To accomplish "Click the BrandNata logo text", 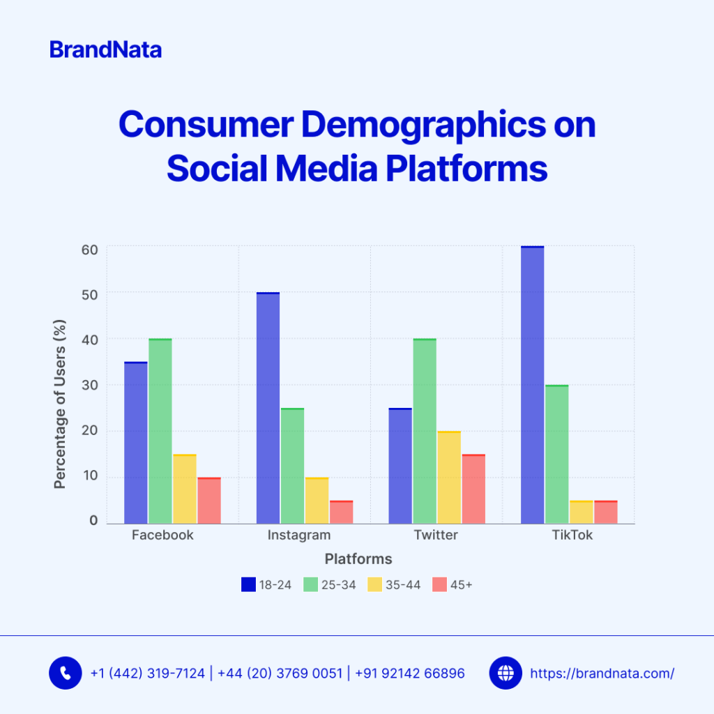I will click(105, 50).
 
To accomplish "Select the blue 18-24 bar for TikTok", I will click(532, 385).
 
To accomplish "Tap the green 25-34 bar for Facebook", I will click(160, 431).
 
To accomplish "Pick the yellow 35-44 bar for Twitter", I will click(449, 477).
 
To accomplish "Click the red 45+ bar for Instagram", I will click(341, 512).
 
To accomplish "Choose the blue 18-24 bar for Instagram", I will click(268, 408).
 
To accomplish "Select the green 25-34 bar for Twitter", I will click(425, 431).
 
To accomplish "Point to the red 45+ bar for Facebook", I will click(209, 500).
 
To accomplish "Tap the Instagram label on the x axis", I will click(299, 535).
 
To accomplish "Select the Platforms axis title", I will click(358, 559).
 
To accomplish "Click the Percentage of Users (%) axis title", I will click(61, 404).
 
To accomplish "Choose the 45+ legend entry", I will click(453, 585).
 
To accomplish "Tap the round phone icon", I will click(66, 673).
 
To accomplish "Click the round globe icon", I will click(506, 673).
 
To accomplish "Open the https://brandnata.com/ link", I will click(602, 674).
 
